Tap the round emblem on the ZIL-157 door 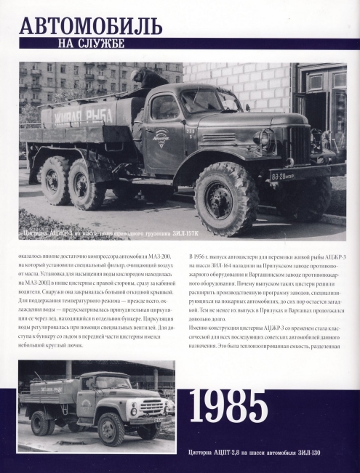pos(160,136)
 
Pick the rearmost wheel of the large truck pos(55,179)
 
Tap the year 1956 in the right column pos(197,258)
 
